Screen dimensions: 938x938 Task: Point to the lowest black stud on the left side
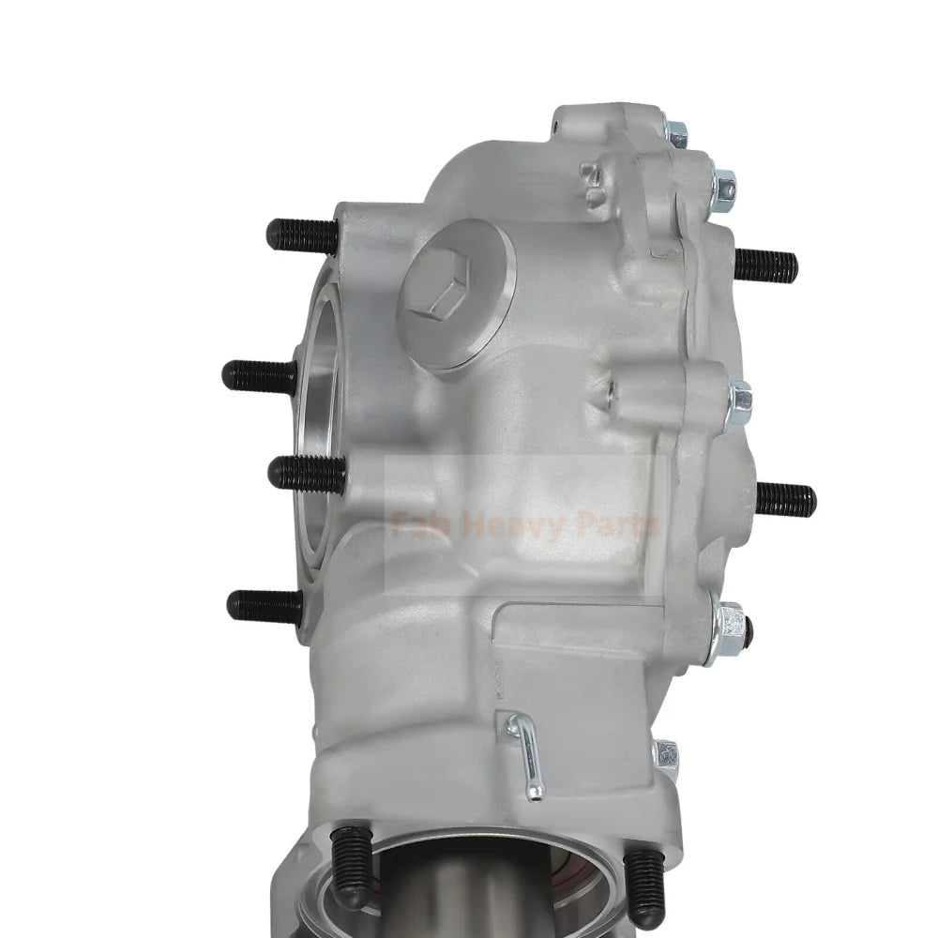coord(264,606)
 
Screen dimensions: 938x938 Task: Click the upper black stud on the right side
coord(765,265)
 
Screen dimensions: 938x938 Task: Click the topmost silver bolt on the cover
coord(675,132)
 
